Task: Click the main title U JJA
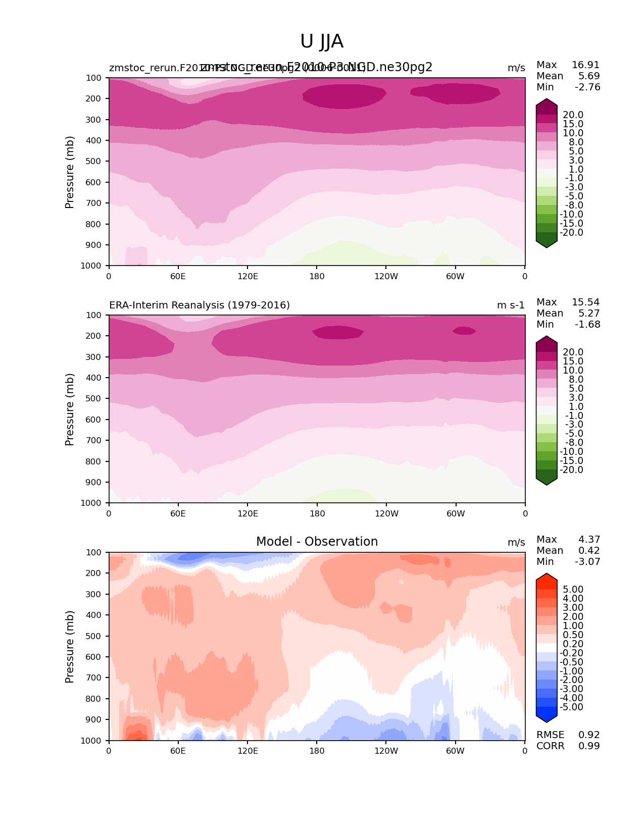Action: point(322,41)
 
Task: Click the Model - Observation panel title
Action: point(317,542)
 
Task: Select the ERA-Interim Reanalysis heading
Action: point(200,305)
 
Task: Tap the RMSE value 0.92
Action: point(589,735)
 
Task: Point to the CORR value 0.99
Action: point(589,746)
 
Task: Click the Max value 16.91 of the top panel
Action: point(585,65)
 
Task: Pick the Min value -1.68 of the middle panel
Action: point(587,325)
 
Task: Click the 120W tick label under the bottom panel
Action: point(386,751)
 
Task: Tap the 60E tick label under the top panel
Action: point(178,277)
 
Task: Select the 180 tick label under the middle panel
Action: point(317,514)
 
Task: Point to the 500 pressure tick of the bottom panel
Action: point(93,636)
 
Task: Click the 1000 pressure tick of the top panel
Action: point(91,266)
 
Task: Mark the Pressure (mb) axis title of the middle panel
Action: point(70,409)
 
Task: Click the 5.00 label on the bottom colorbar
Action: point(573,590)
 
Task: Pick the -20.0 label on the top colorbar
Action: point(572,233)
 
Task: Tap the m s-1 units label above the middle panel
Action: point(511,305)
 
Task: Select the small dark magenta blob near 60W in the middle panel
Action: point(464,331)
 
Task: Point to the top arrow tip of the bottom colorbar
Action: point(547,574)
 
